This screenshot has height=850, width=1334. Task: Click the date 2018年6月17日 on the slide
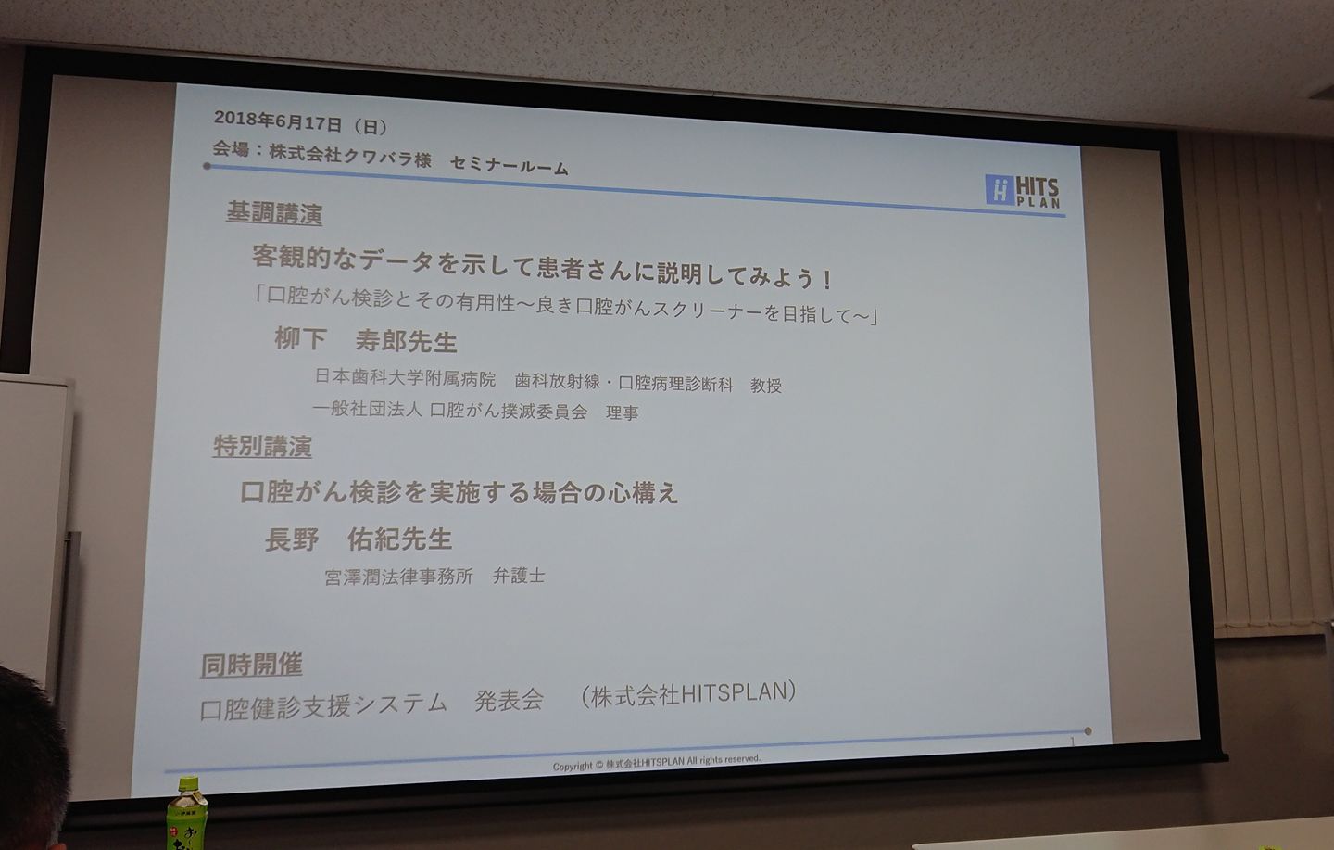(278, 121)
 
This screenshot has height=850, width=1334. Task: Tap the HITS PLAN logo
(1023, 191)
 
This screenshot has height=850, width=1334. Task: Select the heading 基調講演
(274, 213)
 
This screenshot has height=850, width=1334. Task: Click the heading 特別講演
(262, 446)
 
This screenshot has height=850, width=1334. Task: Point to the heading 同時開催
(251, 665)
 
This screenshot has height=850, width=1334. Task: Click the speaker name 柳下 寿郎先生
(366, 340)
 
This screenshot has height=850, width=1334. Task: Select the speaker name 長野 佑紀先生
(359, 539)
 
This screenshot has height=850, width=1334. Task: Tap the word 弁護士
(519, 576)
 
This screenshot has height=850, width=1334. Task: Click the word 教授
(766, 386)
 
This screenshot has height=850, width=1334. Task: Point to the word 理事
(623, 412)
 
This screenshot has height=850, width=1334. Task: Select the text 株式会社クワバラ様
(349, 156)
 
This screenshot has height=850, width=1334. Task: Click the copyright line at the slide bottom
(656, 762)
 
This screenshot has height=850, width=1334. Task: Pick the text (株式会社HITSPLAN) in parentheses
(688, 694)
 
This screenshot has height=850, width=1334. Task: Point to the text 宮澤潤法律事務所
(399, 577)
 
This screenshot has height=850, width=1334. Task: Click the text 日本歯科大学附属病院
(405, 376)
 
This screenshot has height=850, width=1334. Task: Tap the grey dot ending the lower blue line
(1088, 731)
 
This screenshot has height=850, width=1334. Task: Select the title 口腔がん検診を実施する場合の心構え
(459, 493)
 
